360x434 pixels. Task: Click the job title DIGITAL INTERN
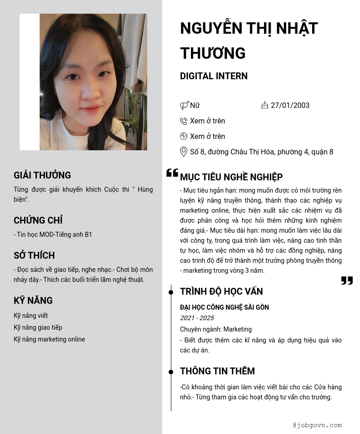(214, 76)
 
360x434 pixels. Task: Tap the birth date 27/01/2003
(290, 105)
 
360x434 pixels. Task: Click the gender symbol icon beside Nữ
(184, 106)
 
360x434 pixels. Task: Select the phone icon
(184, 121)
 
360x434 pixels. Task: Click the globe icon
(184, 136)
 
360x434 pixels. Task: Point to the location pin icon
(184, 152)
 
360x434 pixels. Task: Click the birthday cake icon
(265, 105)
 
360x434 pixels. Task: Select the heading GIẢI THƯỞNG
(42, 175)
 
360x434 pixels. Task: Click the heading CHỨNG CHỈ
(38, 220)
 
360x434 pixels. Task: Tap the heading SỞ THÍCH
(34, 255)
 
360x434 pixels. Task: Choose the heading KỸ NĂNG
(33, 301)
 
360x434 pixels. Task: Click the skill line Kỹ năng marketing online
(49, 339)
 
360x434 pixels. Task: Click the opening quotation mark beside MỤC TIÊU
(172, 173)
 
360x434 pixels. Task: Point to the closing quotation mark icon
(347, 281)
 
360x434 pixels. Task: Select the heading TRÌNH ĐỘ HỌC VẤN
(221, 291)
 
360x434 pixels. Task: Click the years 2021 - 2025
(197, 318)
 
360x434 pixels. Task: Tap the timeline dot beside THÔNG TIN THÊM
(171, 372)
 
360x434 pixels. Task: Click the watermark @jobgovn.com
(317, 425)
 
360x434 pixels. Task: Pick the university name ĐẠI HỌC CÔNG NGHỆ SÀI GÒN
(224, 307)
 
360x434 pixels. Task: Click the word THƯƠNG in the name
(213, 53)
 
